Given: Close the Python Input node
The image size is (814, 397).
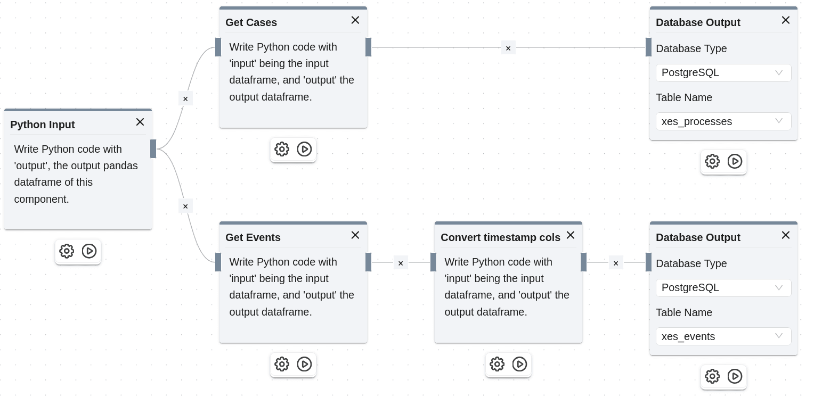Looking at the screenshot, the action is click(140, 122).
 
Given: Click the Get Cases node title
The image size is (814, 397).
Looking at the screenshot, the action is click(251, 22).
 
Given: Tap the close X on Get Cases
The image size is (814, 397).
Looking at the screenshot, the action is click(355, 20).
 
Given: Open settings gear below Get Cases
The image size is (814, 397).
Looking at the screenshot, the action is click(282, 149).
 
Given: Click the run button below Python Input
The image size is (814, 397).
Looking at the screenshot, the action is click(89, 251).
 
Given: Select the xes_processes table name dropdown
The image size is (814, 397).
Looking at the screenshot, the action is click(723, 121).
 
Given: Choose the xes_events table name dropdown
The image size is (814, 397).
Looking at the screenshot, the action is click(723, 336).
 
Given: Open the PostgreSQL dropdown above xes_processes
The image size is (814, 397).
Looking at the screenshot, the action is click(723, 72).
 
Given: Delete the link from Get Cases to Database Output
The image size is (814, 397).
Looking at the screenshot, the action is click(508, 48).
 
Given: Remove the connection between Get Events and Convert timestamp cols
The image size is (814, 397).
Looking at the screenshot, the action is click(401, 263).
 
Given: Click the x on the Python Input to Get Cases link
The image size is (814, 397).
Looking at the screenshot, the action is click(185, 98).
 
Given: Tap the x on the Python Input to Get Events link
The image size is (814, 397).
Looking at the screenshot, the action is click(185, 206).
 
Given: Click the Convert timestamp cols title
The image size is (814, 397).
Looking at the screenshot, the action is click(500, 237).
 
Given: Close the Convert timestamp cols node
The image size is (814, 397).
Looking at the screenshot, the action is click(571, 235).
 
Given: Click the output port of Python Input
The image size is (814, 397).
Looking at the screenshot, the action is click(153, 149).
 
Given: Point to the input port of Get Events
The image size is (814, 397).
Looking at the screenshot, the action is click(218, 262).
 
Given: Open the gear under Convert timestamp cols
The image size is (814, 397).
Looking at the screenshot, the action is click(497, 364).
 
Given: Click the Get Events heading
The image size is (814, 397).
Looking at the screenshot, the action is click(253, 237).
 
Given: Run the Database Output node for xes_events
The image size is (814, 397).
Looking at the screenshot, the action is click(735, 376).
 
